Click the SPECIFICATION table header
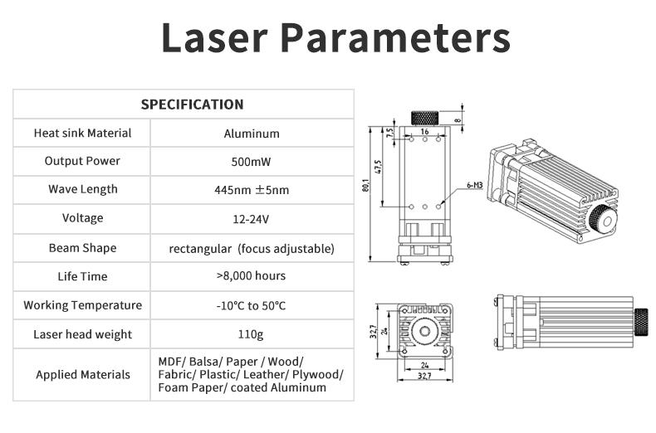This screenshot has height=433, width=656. [192, 104]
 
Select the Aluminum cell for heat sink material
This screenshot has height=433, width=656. [252, 134]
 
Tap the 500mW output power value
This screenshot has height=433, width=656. [251, 162]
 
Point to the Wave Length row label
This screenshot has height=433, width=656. [83, 189]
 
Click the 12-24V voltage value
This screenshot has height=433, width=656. [251, 219]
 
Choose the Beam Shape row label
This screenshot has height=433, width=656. [83, 248]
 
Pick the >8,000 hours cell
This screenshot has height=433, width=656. [251, 276]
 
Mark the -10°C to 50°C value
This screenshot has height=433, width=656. [251, 305]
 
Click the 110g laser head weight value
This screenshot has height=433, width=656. [251, 334]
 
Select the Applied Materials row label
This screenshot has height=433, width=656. [83, 374]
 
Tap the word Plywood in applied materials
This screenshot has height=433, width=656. [317, 374]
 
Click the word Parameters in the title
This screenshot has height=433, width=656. [395, 37]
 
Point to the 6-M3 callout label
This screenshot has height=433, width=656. [474, 185]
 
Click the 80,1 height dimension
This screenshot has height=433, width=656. [365, 185]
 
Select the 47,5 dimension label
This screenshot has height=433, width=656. [378, 167]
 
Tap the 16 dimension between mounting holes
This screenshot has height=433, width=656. [424, 131]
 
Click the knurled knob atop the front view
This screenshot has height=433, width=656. [424, 118]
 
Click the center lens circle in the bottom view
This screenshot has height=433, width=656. [424, 332]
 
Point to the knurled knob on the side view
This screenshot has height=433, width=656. [641, 322]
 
